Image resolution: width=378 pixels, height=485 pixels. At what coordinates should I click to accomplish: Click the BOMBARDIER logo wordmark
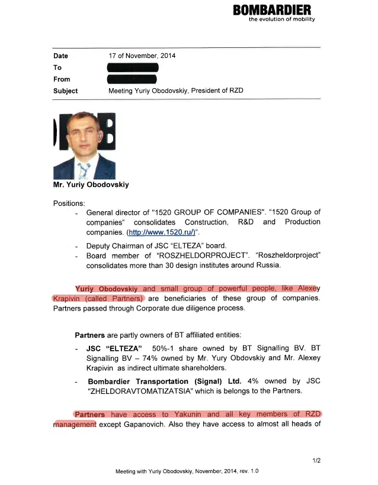click(x=272, y=10)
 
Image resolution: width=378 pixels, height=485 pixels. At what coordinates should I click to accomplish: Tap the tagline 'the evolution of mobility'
click(x=281, y=20)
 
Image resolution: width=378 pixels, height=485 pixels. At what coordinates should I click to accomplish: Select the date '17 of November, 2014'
click(x=142, y=56)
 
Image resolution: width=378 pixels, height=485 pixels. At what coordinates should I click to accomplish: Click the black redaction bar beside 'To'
click(x=133, y=67)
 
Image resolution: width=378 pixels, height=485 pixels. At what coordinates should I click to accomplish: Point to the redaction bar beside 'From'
click(x=132, y=79)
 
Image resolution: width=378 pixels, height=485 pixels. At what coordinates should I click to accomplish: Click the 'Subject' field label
click(x=65, y=91)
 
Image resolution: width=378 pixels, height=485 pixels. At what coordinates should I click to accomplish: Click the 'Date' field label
click(x=60, y=56)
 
